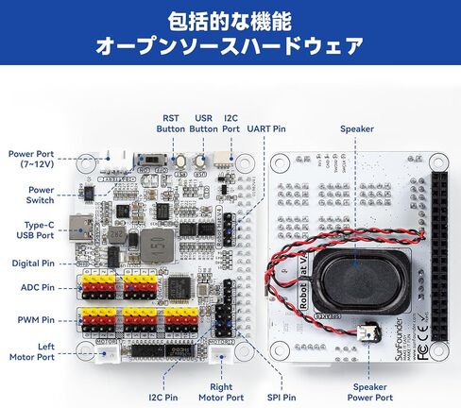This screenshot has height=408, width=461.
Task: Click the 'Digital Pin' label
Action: coord(32,263)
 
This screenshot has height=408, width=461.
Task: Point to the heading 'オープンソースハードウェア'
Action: coord(230,45)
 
